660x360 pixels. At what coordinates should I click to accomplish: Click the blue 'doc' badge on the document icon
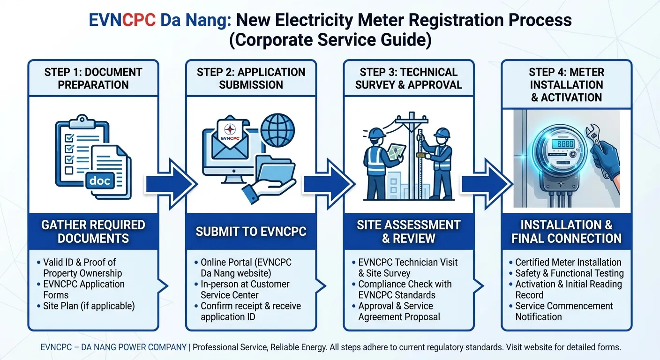click(99, 180)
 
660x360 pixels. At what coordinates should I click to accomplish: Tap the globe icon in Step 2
click(277, 130)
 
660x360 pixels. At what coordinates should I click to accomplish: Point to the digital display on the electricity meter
click(563, 144)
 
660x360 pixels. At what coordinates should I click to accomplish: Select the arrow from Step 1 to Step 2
click(171, 184)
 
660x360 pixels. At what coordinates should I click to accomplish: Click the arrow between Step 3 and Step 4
click(487, 184)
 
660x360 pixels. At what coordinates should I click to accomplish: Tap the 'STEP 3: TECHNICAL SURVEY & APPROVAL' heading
click(408, 78)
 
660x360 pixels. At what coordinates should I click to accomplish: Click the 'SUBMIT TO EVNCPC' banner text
click(251, 232)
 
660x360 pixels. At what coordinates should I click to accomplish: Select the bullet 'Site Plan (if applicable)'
click(89, 306)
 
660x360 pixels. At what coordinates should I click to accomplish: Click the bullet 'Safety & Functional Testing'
click(569, 273)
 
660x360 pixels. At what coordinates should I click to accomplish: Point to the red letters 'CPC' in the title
click(138, 20)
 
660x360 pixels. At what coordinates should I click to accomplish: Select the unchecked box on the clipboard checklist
click(69, 171)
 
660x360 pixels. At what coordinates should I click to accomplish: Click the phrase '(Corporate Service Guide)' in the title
click(330, 40)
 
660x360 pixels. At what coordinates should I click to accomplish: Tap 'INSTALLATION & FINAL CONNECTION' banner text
click(566, 232)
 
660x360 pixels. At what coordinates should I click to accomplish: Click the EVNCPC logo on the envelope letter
click(230, 132)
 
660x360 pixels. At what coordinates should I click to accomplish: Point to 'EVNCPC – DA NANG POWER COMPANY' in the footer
click(113, 347)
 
